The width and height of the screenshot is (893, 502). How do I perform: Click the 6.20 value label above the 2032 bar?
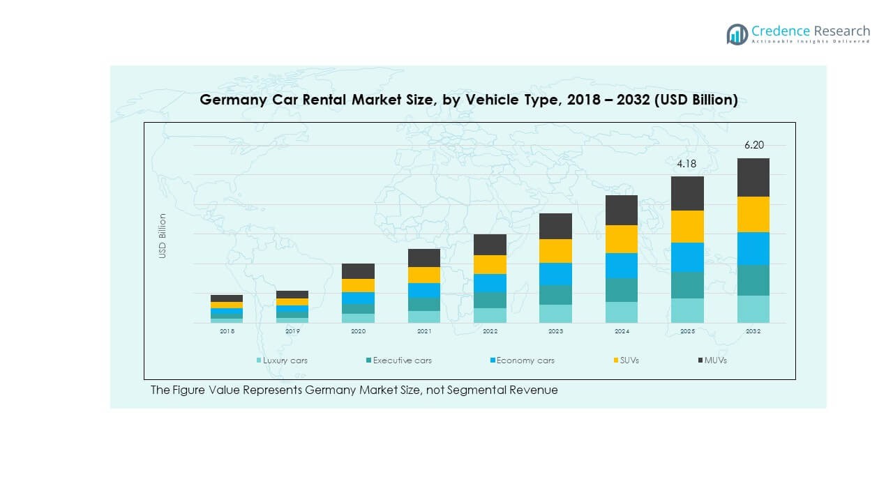coord(753,146)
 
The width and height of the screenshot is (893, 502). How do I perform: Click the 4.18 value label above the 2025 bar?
coord(686,165)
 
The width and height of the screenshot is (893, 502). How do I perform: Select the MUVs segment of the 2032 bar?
coord(753,177)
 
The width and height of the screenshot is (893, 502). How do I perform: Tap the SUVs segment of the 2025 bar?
coord(687,227)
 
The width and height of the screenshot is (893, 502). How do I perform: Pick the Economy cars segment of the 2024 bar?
coord(622,266)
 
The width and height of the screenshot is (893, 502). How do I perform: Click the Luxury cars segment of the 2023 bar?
coord(555,314)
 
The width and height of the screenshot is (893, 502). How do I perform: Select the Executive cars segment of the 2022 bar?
coord(490,300)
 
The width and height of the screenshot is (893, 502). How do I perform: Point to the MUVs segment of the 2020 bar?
coord(358,271)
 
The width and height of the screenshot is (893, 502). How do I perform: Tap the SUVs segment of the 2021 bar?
coord(424,275)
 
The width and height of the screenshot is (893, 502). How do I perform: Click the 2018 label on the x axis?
coord(227,332)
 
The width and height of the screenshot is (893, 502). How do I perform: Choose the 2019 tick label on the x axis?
coord(292,332)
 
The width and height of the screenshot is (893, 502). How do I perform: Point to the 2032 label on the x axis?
coord(753,332)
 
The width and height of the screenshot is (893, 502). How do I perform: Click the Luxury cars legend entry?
coord(282,360)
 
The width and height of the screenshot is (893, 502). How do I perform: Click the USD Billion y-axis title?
coord(163,236)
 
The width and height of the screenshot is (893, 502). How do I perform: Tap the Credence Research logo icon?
coord(737,34)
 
